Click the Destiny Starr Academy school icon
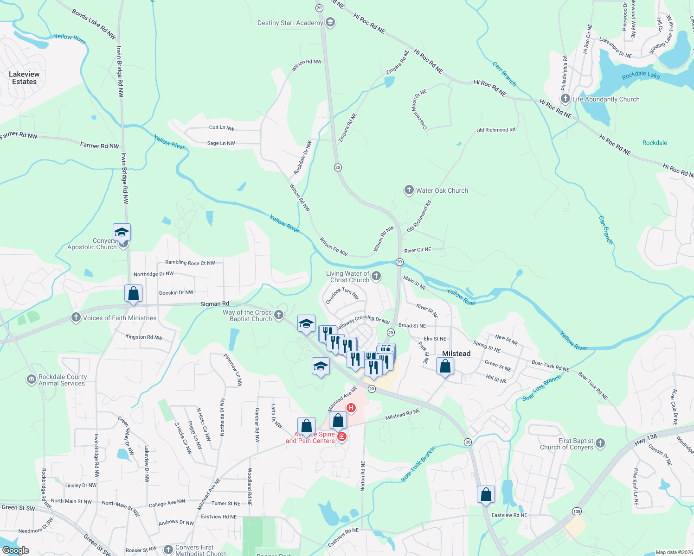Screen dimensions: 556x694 (330, 23)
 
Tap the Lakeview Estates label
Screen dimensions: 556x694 (24, 78)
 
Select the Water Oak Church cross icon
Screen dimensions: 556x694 (409, 190)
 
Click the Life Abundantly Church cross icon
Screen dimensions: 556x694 (565, 99)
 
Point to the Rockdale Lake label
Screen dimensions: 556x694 (641, 75)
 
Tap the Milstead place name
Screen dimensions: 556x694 (456, 354)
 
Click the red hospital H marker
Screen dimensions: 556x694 (351, 408)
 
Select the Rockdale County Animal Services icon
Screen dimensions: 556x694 (31, 380)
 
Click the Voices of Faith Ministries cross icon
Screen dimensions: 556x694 (76, 317)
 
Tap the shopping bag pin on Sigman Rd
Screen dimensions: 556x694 (133, 294)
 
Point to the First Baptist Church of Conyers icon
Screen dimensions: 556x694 (600, 443)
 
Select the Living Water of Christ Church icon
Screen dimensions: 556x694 (376, 276)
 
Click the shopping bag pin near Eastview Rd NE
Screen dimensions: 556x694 (486, 494)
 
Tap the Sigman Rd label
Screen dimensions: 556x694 (214, 304)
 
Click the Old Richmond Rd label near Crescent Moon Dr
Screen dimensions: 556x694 (495, 130)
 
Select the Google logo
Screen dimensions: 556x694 (16, 550)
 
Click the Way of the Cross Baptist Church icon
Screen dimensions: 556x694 (278, 315)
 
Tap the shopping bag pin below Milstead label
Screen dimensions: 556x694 (445, 366)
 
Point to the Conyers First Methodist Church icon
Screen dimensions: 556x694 (168, 550)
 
